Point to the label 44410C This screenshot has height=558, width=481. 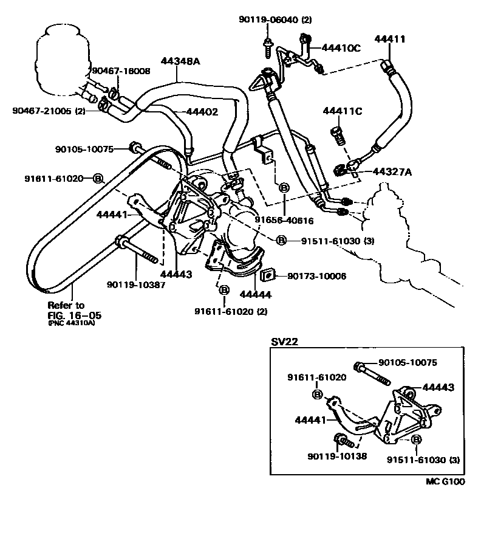pos(341,47)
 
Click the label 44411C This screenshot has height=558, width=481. pos(343,111)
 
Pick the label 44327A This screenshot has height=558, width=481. pos(392,172)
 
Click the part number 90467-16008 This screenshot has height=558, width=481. pos(120,71)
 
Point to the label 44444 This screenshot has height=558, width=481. pos(255,295)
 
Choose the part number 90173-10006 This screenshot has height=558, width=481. pos(316,276)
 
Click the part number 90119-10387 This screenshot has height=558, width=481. pos(136,284)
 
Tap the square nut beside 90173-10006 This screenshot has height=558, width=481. pos(266,276)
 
